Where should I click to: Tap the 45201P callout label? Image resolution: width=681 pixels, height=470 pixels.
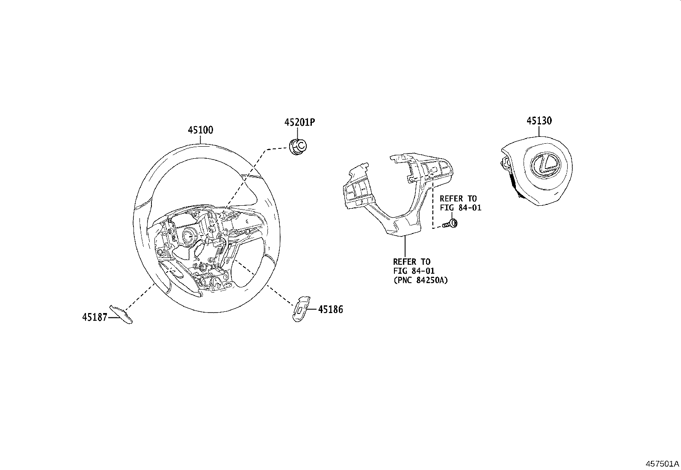pos(299,123)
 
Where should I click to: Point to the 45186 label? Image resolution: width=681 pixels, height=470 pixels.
pos(330,310)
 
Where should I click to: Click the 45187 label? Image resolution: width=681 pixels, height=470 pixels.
pos(95,317)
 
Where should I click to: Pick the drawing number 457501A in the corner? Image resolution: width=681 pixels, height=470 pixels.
pos(662,464)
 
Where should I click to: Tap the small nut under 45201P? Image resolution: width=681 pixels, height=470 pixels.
pos(298,147)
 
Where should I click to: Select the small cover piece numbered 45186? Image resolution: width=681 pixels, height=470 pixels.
pos(301,307)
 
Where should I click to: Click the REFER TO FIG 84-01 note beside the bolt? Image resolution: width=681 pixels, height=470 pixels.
pos(460,203)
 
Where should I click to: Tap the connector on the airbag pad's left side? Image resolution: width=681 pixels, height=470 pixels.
pos(505,163)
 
